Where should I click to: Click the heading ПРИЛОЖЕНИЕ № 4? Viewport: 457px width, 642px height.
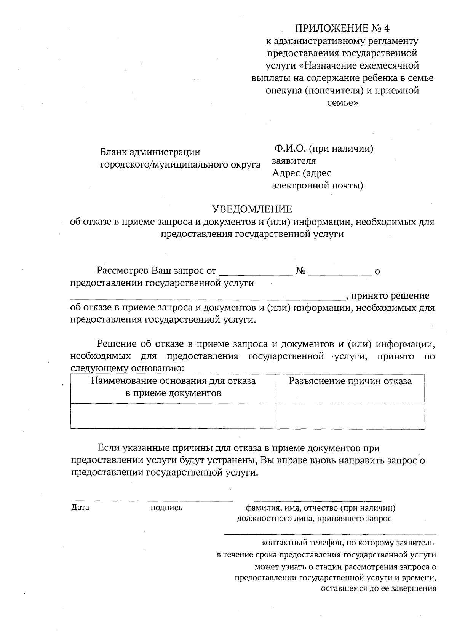coord(343,29)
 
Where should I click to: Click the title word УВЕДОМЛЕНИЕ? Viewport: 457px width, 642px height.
coord(252,209)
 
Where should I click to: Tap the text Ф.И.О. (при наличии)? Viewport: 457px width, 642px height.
coord(323,149)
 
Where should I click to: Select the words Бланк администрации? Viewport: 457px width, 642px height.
coord(150,152)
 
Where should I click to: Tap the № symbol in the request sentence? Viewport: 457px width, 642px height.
coord(300,271)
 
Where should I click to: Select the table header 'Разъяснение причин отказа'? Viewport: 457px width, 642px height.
coord(350,382)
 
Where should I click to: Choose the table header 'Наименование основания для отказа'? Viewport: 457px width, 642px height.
coord(173,381)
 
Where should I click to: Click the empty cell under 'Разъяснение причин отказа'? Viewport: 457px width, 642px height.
coord(350,416)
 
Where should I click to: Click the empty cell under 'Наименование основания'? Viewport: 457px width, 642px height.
coord(173,416)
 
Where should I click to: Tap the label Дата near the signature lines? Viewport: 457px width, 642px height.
coord(80,508)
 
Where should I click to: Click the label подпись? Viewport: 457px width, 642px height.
coord(166,508)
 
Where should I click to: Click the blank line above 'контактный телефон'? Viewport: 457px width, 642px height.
coord(330,535)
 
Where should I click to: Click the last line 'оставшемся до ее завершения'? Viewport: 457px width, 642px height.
coord(378,588)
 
